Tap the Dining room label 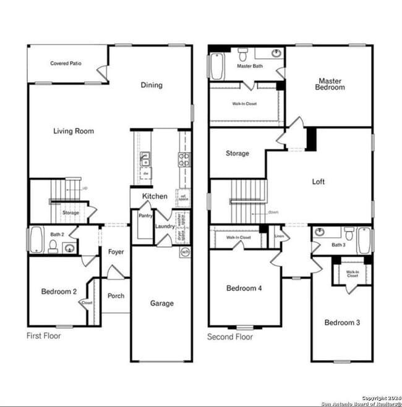click(152, 85)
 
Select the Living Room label click(73, 131)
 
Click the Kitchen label click(155, 196)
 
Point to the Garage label click(162, 303)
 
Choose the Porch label click(116, 296)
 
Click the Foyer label click(116, 252)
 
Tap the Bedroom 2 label click(59, 292)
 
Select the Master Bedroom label click(331, 84)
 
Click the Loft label click(318, 182)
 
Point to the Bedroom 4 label click(244, 288)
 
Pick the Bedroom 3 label click(342, 322)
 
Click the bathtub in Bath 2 click(36, 240)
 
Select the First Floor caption click(43, 337)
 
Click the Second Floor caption click(230, 337)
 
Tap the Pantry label click(145, 216)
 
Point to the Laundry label click(165, 226)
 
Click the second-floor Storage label click(237, 153)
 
